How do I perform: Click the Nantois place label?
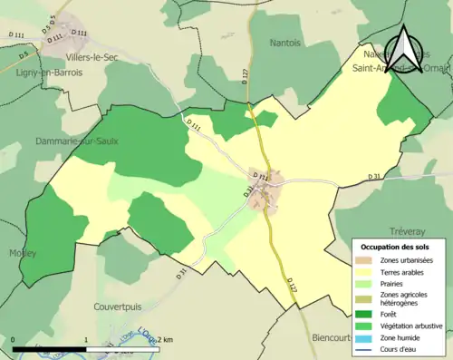285,43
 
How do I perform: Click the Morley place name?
23,253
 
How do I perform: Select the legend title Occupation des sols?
396,247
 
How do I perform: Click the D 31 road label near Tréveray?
375,176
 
